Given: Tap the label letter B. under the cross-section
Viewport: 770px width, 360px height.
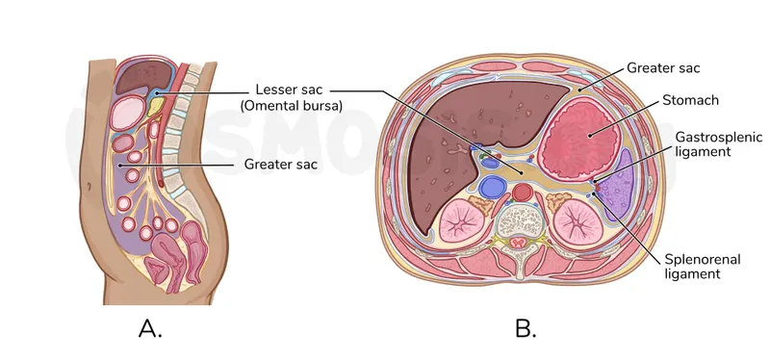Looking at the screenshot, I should click(x=525, y=329).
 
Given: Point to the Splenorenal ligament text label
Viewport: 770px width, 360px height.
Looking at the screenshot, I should click(x=692, y=266).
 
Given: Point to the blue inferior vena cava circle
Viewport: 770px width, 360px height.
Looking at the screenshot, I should click(x=493, y=186).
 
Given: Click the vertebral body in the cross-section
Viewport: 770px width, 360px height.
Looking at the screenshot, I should click(x=522, y=220).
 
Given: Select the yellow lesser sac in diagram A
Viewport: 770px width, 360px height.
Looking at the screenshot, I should click(x=158, y=102).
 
